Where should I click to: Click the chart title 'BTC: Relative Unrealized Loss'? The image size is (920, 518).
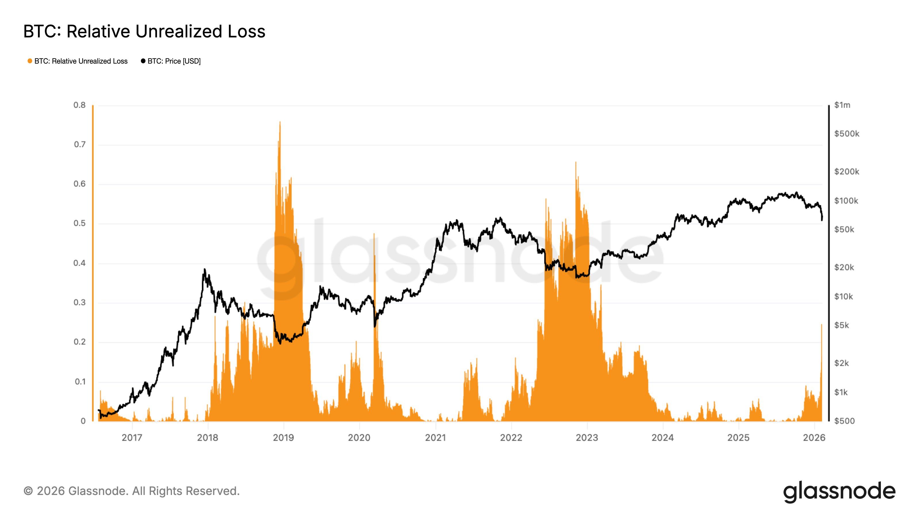[144, 31]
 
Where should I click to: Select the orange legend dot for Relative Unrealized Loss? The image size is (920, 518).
[30, 61]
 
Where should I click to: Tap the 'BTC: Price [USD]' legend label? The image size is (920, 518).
[174, 61]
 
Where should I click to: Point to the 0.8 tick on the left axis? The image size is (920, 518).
[80, 105]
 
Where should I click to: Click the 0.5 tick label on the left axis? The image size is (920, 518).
[80, 223]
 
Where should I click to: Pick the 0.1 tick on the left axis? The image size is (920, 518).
[80, 382]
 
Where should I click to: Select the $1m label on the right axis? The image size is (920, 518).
[842, 105]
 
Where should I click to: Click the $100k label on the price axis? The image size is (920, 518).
[846, 201]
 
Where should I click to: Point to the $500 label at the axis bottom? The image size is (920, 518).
[844, 421]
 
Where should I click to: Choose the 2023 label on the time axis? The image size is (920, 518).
[587, 437]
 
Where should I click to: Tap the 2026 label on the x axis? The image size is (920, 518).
[814, 437]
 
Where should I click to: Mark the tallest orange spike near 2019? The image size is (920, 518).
[280, 122]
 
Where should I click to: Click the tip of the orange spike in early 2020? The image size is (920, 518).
[374, 234]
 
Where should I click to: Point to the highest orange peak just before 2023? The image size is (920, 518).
[576, 162]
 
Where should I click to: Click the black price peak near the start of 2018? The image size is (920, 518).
[205, 269]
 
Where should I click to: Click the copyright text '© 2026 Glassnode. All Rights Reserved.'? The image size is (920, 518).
[131, 491]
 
